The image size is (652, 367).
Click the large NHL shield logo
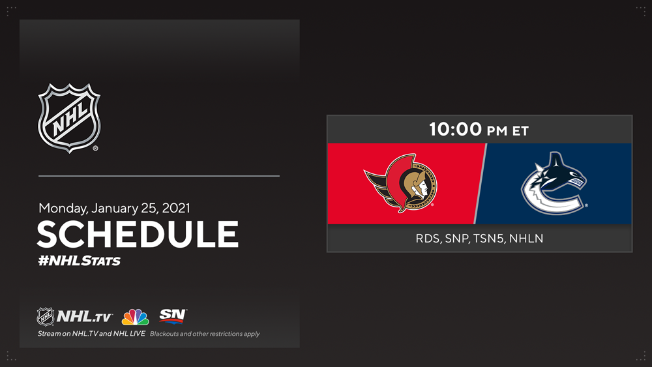coord(69,118)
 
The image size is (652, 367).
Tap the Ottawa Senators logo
coord(400,183)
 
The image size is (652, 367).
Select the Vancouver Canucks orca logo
coord(554,183)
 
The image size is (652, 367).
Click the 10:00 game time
coord(455,129)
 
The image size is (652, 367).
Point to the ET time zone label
coord(520,131)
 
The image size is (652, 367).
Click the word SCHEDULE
coord(138,234)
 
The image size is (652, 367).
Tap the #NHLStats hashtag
coord(79,261)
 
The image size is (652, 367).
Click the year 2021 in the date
coord(175,208)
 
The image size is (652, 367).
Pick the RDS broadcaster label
coord(428,239)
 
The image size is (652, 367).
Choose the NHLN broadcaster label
coord(526,239)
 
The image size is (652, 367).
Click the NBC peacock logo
coord(135,317)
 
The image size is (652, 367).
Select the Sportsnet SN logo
coord(173,316)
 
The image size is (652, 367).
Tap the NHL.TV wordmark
coord(84,317)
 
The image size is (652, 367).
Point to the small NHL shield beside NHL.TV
coord(46,317)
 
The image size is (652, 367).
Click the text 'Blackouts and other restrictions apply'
coord(205,334)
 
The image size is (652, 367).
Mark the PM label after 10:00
coord(497,131)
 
